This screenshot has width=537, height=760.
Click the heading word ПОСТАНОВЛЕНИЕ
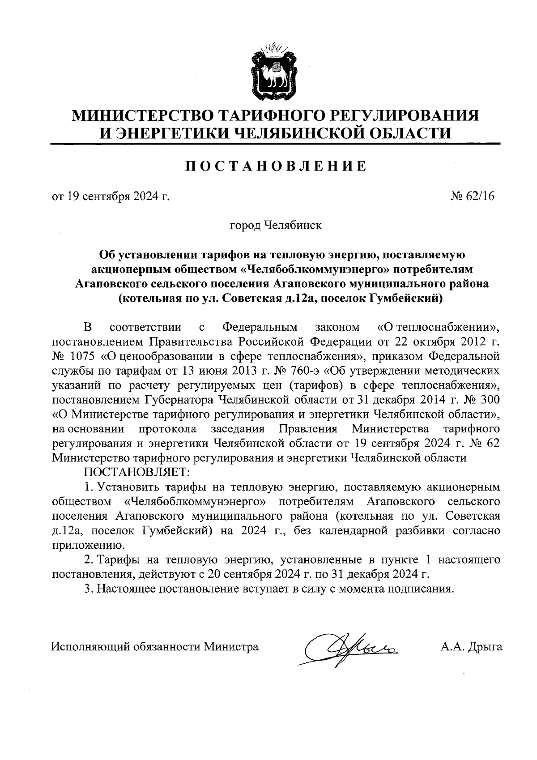[276, 166]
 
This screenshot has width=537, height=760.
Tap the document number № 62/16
[474, 196]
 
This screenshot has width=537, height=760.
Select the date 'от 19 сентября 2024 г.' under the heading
[111, 196]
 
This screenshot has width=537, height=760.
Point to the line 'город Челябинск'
[275, 225]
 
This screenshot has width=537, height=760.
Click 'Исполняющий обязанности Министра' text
[155, 646]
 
